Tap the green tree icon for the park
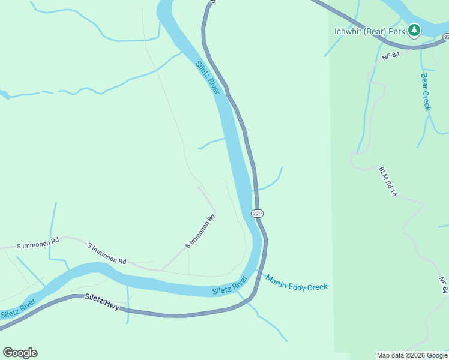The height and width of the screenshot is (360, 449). click(x=414, y=29)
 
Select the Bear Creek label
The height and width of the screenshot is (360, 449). click(x=426, y=92)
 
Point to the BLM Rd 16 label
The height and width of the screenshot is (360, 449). click(x=388, y=182)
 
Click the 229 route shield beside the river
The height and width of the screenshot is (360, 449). click(x=257, y=213)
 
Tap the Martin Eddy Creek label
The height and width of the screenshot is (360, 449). click(x=297, y=283)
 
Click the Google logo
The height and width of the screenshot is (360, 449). click(x=20, y=353)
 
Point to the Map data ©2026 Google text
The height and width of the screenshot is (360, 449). click(x=412, y=355)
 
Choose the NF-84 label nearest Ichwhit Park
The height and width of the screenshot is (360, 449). click(x=390, y=56)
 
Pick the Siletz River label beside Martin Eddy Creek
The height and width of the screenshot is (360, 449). click(x=230, y=286)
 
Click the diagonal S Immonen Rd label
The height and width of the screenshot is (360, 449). click(x=200, y=232)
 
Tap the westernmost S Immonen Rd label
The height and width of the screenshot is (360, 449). click(x=38, y=244)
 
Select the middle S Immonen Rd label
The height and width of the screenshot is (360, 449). click(x=107, y=253)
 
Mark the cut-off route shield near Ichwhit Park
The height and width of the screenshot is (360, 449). click(x=445, y=37)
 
